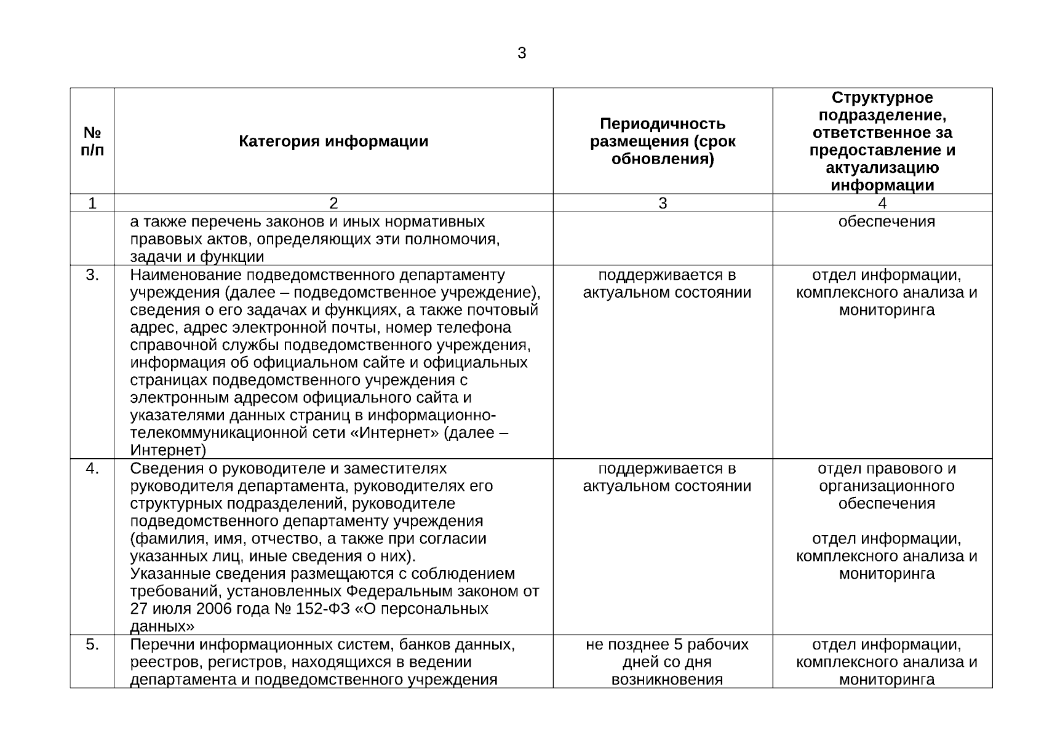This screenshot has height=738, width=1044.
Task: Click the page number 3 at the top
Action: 522,54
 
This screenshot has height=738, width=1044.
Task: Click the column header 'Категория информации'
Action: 333,141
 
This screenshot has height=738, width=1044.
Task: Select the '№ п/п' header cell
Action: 92,141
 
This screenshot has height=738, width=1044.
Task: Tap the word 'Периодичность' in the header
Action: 663,124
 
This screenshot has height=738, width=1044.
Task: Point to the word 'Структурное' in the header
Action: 882,98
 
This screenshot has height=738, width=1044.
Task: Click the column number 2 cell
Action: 333,203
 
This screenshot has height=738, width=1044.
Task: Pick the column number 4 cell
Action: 882,203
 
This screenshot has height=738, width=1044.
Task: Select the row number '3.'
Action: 92,275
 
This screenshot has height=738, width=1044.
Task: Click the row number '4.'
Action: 92,469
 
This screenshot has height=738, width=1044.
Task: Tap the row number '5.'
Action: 92,645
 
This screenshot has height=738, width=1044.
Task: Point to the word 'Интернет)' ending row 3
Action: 168,451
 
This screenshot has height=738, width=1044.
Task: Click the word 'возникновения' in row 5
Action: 667,680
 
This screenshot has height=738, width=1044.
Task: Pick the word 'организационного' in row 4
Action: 887,486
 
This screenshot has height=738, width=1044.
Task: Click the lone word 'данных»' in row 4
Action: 162,627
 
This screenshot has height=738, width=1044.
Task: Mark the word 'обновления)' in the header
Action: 663,159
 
